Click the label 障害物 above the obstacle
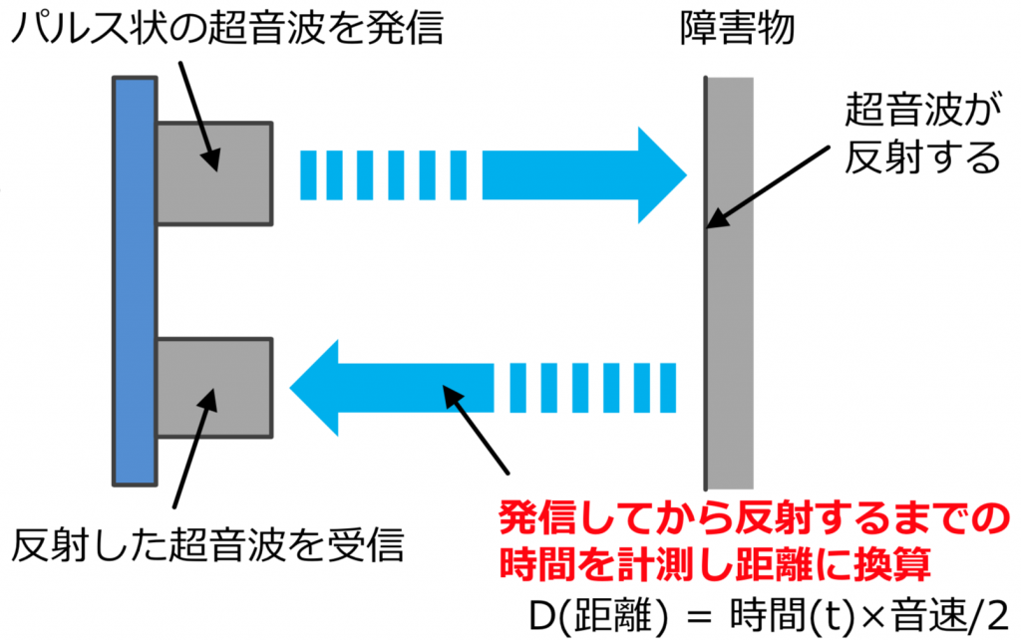pos(733,32)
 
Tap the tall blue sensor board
pos(134,282)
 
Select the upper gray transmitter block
pos(213,172)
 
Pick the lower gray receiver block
pos(213,387)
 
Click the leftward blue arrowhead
pos(317,387)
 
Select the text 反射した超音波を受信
pos(209,545)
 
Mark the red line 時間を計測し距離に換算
pos(715,565)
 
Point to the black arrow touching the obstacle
pos(768,185)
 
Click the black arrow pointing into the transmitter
pos(197,110)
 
